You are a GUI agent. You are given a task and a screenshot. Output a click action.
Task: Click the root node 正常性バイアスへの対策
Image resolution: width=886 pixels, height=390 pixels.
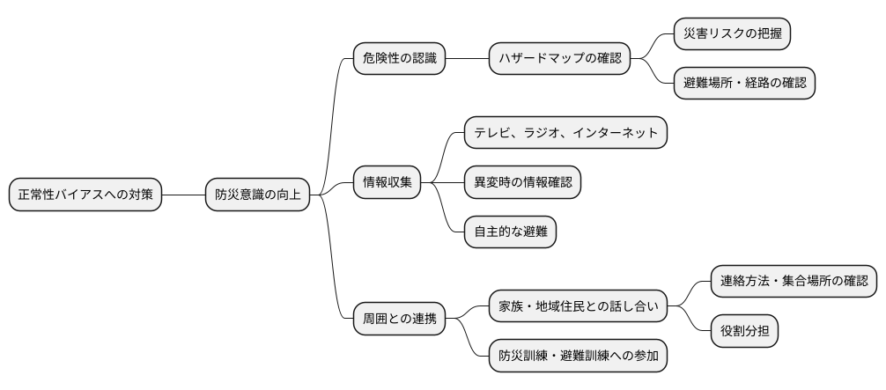click(86, 195)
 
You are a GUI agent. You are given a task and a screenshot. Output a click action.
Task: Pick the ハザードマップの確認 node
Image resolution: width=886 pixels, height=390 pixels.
click(559, 59)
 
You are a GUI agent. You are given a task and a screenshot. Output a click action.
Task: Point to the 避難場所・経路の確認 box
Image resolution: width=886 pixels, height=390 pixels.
click(744, 84)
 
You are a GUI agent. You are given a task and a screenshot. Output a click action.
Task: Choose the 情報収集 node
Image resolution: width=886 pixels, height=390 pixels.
click(388, 182)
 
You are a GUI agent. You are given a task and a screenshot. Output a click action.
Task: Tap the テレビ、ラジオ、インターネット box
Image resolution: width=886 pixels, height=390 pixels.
click(565, 133)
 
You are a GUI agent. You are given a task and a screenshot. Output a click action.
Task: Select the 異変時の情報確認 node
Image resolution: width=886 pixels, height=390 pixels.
click(522, 182)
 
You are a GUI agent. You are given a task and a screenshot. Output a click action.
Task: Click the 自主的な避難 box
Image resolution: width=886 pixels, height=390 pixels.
click(510, 232)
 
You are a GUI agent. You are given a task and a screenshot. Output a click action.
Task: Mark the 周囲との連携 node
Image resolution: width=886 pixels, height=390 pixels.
click(398, 316)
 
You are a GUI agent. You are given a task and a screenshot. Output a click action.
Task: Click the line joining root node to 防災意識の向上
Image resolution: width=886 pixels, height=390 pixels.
click(184, 195)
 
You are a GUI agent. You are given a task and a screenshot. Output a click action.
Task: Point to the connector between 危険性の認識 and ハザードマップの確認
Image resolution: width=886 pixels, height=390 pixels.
click(467, 59)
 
